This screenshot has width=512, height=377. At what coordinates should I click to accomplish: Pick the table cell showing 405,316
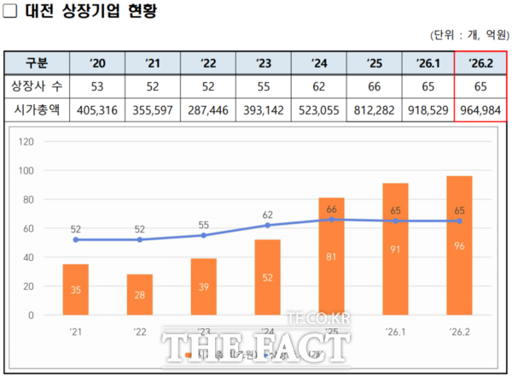(x=97, y=111)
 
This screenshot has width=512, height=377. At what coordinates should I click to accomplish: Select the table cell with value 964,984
(x=481, y=111)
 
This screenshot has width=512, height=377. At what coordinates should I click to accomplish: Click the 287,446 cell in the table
(x=207, y=111)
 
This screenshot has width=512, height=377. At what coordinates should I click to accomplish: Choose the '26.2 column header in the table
(x=481, y=63)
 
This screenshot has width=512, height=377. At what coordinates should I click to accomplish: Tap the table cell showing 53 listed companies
(x=97, y=87)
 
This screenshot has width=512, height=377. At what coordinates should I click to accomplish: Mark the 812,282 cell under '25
(x=373, y=111)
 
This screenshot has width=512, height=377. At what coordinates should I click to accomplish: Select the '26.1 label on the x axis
(x=396, y=332)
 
